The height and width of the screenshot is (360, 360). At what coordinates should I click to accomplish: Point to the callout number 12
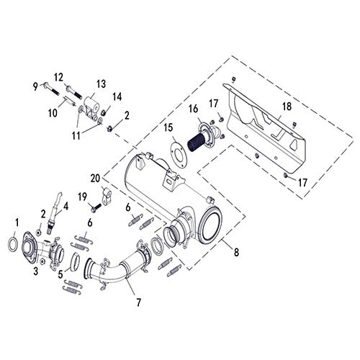coord(59,77)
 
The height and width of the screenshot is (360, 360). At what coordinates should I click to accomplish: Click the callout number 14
coord(117,96)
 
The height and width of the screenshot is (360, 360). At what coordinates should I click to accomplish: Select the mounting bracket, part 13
coord(93,108)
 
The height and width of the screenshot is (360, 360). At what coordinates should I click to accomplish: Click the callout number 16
coord(193,109)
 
